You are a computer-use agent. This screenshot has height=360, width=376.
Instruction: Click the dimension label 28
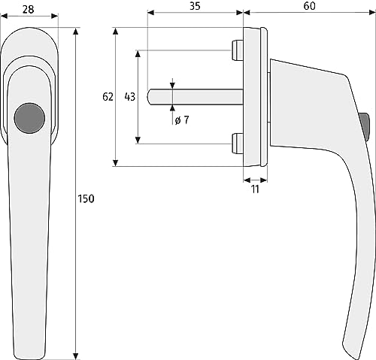(28, 10)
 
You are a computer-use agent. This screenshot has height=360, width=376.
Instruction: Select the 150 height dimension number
(86, 198)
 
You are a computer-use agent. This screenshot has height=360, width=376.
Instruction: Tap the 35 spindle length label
(195, 6)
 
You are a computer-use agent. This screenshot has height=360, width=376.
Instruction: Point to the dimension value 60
(309, 6)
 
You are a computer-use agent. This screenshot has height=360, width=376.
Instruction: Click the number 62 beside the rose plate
(108, 97)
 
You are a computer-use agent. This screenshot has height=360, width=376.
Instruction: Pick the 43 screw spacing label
(130, 97)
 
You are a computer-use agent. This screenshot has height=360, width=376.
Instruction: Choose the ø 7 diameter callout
(182, 120)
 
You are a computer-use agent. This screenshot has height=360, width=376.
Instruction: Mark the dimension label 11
(255, 189)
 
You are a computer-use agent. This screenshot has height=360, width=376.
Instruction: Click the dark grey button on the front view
(29, 118)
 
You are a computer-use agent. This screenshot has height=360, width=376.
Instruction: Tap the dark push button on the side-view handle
(365, 127)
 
